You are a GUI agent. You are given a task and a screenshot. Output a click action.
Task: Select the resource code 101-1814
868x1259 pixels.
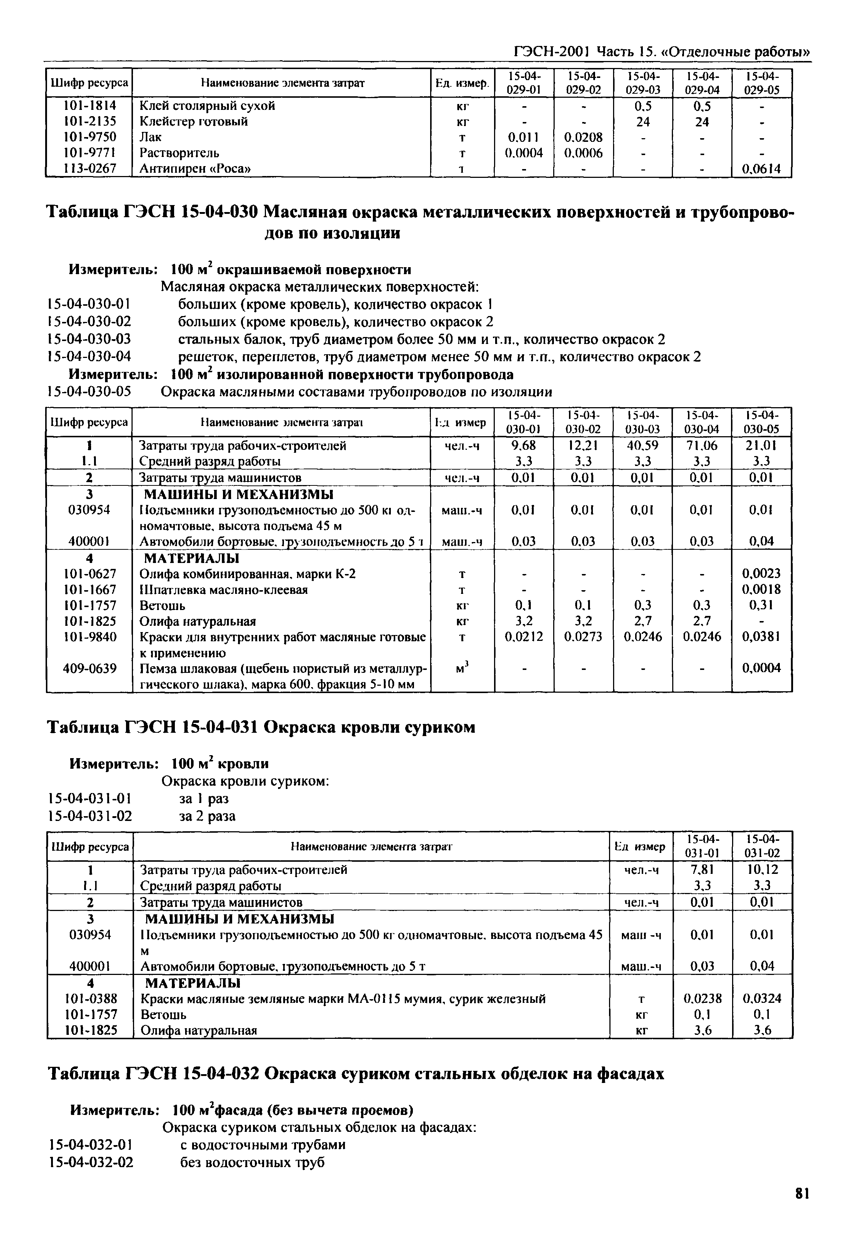90,105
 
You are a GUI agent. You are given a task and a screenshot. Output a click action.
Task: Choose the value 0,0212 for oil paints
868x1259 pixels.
524,636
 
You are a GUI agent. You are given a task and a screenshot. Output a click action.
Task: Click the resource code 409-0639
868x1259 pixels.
90,668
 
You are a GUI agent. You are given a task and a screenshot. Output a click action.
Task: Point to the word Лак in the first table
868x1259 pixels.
151,137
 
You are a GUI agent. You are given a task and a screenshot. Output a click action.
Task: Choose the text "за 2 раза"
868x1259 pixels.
207,816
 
